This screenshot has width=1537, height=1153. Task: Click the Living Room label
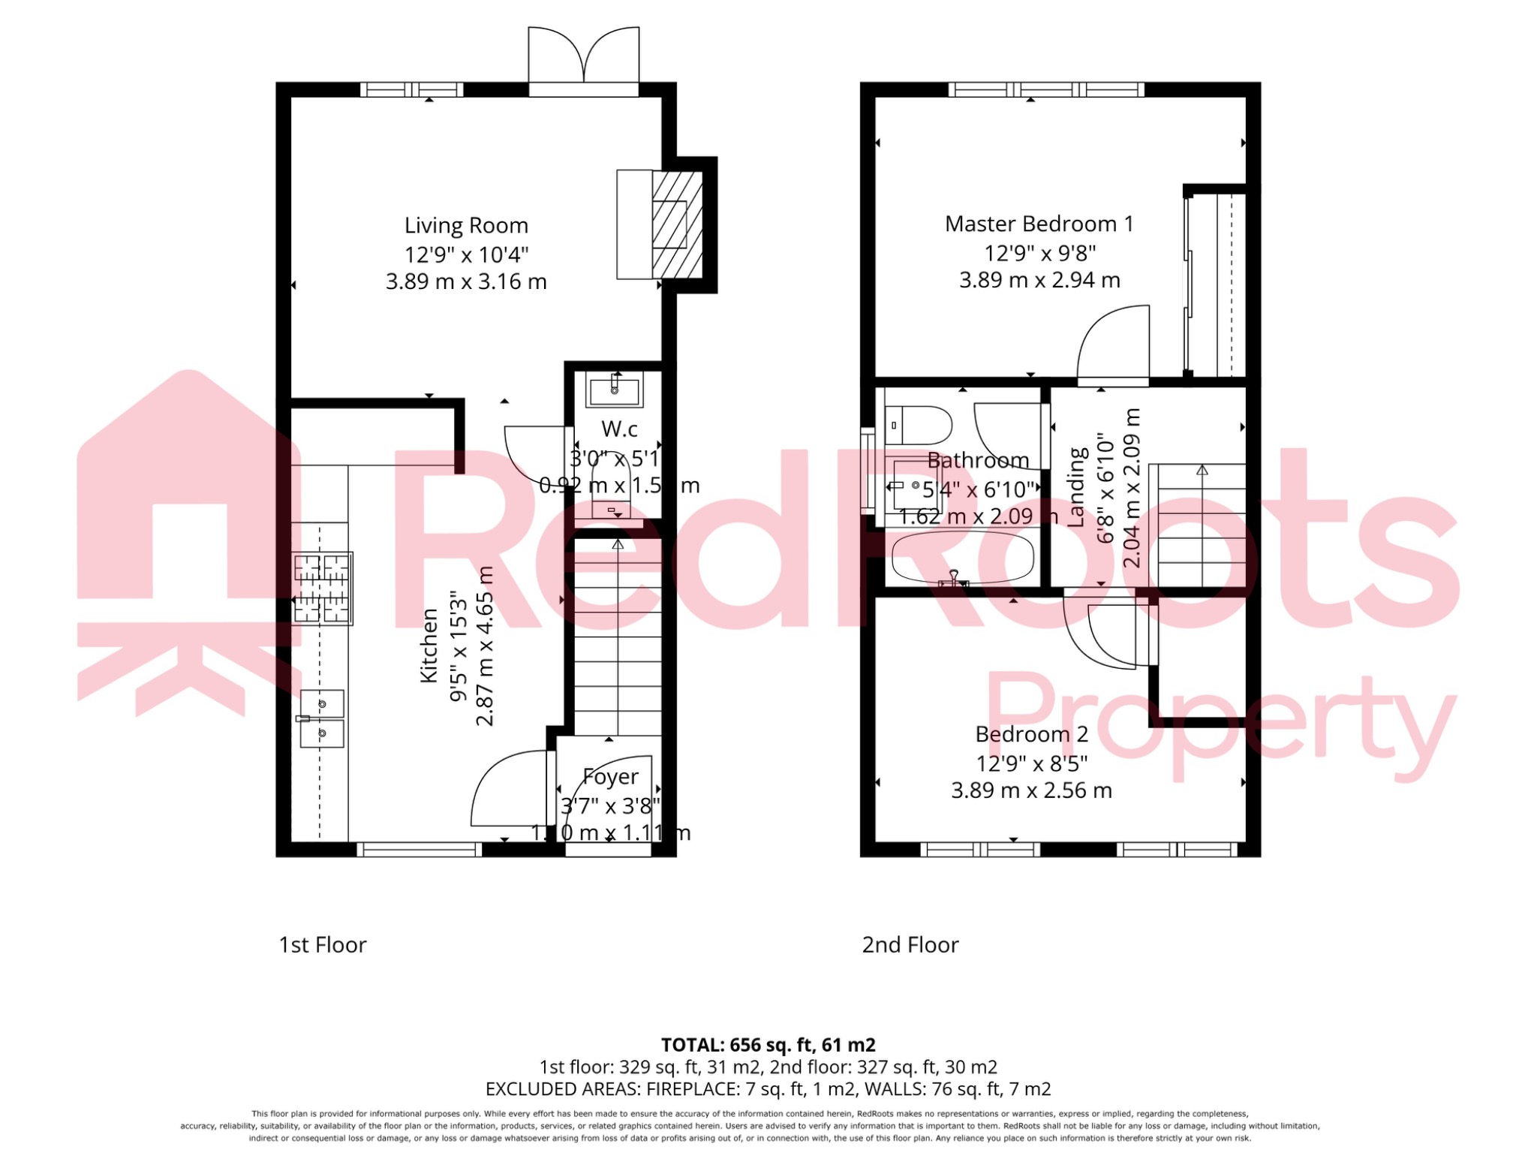coord(466,226)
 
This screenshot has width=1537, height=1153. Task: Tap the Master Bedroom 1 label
coord(1039,224)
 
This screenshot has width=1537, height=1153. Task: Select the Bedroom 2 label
coord(1031,734)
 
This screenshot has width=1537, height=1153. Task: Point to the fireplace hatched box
coord(677,224)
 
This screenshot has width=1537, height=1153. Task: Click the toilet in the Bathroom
coord(918,426)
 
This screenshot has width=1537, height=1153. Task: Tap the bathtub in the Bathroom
coord(963,558)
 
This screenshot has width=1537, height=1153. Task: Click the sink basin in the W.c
coord(615,391)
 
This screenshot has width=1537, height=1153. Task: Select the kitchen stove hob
coord(323,589)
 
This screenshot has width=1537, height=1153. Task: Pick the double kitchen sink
coord(322,719)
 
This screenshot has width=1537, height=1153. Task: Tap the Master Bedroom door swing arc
coord(1113,343)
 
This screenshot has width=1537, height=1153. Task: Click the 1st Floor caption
coord(323,945)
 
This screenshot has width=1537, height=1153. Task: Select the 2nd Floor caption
coord(910,945)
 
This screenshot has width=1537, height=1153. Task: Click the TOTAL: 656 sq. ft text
coord(768,1045)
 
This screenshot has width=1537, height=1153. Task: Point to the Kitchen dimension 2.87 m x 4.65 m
coord(486,646)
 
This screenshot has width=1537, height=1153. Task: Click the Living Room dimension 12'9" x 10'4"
coord(466,254)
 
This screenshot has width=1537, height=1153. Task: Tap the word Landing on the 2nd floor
coord(1077,486)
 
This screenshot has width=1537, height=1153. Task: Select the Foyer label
coord(611,777)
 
